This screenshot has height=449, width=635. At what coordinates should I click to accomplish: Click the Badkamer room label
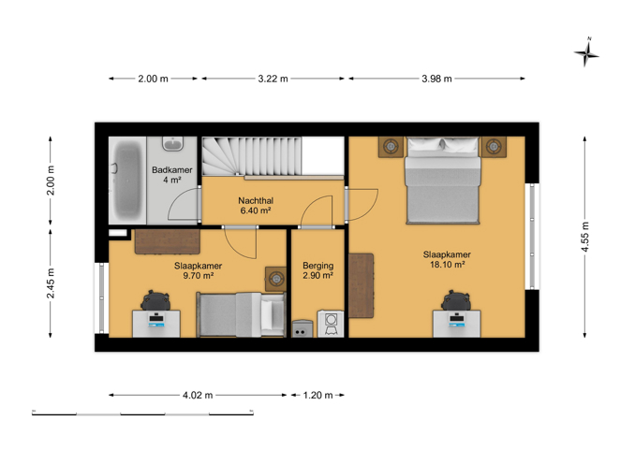point(171,170)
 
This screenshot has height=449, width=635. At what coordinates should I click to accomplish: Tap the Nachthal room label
point(256,200)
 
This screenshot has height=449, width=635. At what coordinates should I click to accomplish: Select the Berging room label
point(317,266)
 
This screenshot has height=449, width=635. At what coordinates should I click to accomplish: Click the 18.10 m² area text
point(447,265)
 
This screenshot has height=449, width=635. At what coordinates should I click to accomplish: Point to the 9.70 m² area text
point(198,276)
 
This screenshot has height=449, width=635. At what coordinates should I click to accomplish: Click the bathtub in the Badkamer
point(127,180)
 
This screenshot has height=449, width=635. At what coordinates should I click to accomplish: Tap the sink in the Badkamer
point(173,144)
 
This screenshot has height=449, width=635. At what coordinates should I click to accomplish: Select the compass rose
point(586,52)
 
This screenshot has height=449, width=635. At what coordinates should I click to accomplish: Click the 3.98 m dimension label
point(436,79)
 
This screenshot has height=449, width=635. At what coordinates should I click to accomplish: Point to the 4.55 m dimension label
point(584,237)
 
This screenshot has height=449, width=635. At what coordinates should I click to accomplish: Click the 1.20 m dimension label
point(317,395)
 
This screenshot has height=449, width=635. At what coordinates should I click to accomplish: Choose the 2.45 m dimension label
point(51,283)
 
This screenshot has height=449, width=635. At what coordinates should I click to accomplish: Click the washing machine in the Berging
point(331,324)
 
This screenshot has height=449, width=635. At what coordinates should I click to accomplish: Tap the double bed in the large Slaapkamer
point(443,181)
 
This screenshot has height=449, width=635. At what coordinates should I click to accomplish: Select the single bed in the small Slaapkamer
point(241,314)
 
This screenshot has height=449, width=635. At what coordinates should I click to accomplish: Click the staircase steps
point(252,155)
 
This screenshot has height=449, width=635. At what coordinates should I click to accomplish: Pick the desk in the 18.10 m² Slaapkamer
point(457,324)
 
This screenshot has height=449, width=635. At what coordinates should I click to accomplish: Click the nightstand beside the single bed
point(275,279)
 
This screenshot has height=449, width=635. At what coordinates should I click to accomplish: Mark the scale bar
point(142,413)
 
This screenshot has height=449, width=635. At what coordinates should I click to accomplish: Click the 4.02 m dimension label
point(198,395)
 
